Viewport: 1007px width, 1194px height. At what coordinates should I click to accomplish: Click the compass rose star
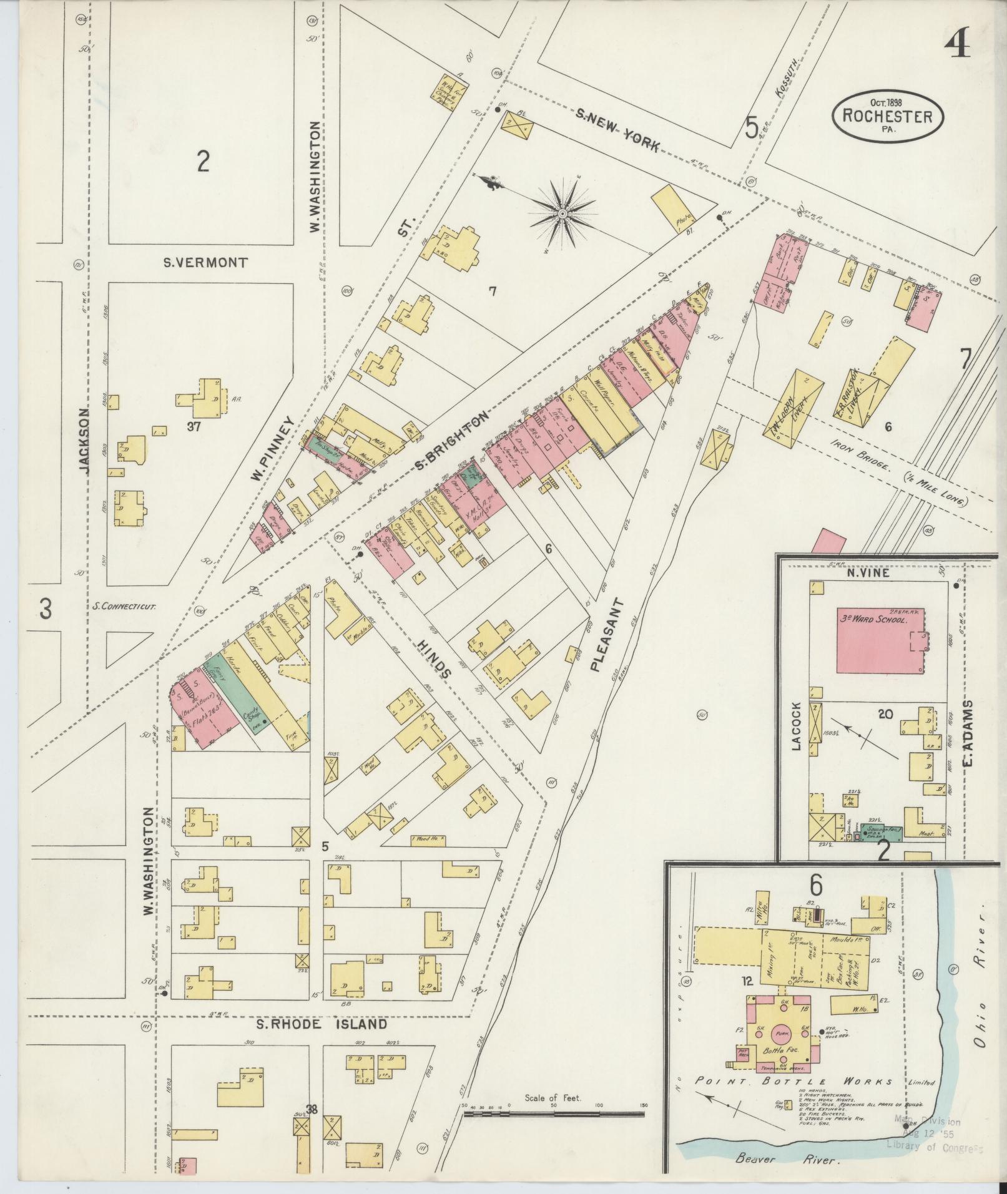coord(562,214)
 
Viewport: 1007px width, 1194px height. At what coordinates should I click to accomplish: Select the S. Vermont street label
coord(205,263)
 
